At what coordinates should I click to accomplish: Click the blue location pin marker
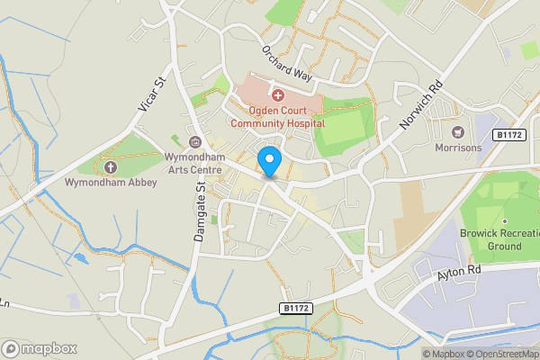coord(269,162)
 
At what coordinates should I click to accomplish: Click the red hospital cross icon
coord(277,94)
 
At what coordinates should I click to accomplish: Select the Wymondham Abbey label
coord(111,183)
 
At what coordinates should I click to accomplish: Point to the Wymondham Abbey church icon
coord(111,167)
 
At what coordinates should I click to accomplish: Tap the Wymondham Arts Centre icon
coord(196,141)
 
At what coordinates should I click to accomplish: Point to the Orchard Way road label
coord(286,64)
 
